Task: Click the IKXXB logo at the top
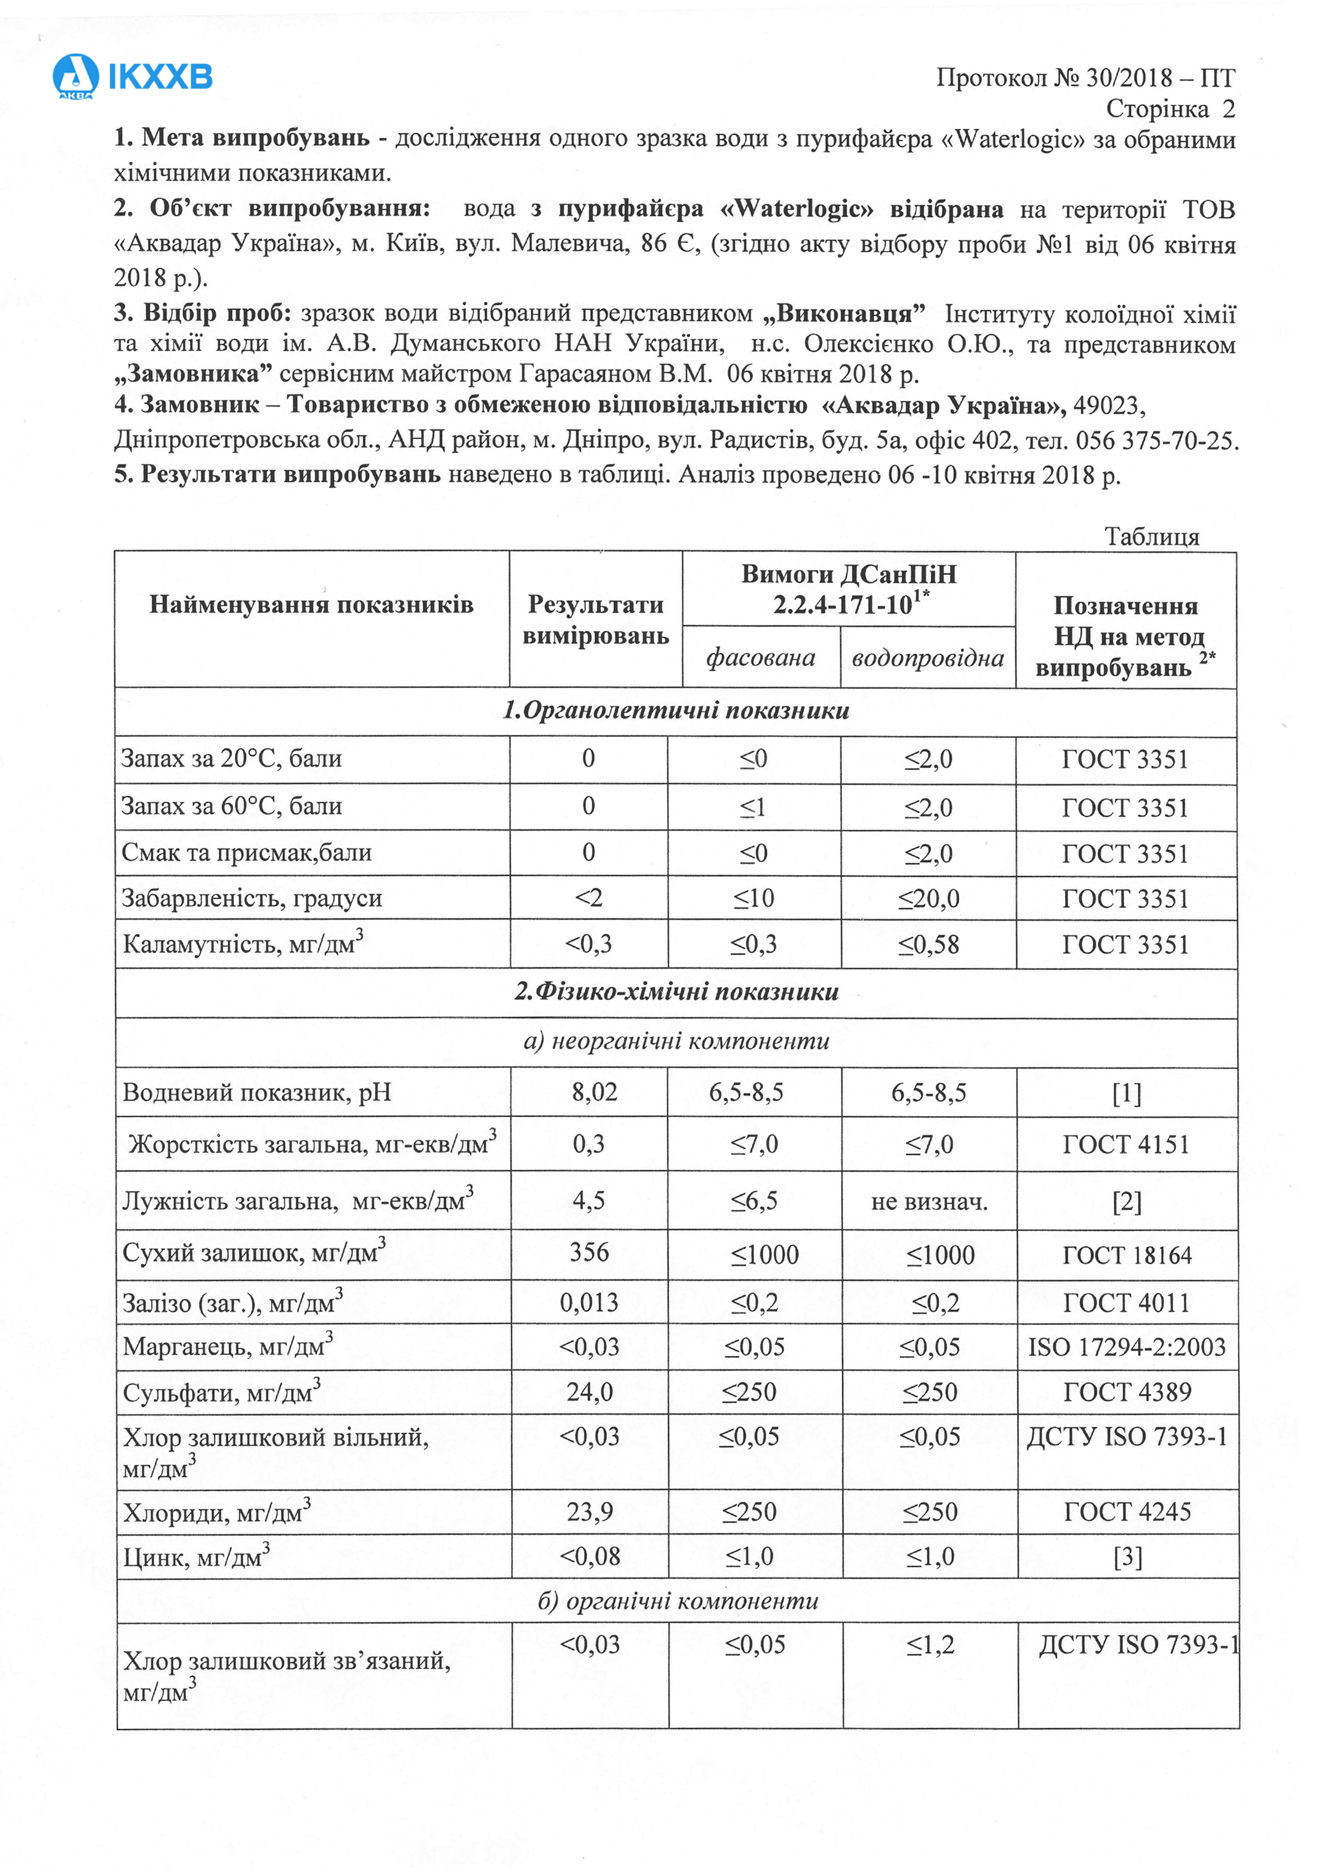click(x=132, y=77)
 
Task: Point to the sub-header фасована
click(x=760, y=657)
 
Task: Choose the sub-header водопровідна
click(x=928, y=658)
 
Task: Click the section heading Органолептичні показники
click(x=676, y=711)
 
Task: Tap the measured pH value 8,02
click(x=595, y=1092)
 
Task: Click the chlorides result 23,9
click(x=590, y=1512)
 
